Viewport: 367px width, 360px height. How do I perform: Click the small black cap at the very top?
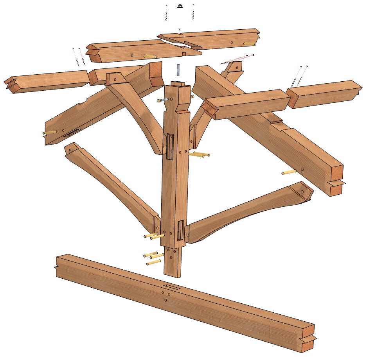click(180, 6)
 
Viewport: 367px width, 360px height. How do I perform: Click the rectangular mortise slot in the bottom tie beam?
click(172, 288)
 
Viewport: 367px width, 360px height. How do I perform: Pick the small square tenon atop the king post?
click(178, 83)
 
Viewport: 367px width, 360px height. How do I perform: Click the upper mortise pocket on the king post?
click(170, 146)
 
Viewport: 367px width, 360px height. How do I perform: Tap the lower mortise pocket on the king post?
click(180, 230)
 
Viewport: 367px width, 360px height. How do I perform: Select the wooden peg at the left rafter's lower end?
click(50, 133)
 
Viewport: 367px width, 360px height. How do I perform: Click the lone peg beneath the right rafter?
click(289, 172)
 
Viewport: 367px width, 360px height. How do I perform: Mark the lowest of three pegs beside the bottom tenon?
click(153, 263)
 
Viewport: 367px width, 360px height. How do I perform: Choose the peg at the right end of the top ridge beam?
click(249, 43)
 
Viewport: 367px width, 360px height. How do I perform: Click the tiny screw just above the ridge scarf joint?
click(179, 30)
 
